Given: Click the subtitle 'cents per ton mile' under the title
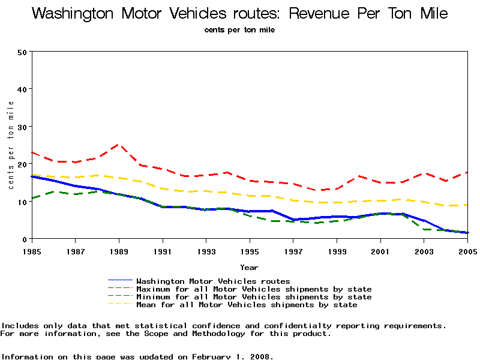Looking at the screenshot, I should coord(239,30).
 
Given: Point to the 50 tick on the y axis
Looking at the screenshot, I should coord(23,52).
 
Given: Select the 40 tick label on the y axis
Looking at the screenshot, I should coord(23,89).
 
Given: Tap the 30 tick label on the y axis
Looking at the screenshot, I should coord(23,127).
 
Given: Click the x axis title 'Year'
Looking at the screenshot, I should coord(249,267).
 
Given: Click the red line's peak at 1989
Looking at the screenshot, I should coord(118,145).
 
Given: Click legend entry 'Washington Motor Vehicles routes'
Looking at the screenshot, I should coord(213,281).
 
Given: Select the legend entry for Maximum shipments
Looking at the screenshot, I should coord(254,289).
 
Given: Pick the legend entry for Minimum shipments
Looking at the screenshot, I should coord(254,297).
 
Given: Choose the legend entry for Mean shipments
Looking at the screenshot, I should coord(247,305).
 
